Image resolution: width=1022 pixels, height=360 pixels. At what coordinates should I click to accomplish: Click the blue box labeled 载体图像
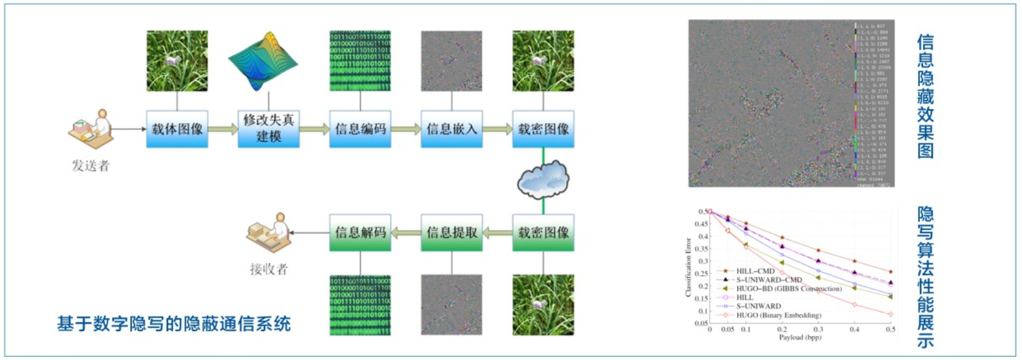177,129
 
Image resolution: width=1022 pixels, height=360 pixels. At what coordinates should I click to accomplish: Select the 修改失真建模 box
268,129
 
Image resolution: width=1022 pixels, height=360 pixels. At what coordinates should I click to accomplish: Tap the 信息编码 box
360,129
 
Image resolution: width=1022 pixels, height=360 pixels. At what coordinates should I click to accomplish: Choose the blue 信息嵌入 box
452,129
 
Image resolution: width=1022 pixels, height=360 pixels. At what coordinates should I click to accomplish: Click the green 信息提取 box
452,233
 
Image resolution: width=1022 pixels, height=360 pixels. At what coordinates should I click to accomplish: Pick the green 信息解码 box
360,233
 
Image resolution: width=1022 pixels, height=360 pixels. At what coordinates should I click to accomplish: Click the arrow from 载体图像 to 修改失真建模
223,129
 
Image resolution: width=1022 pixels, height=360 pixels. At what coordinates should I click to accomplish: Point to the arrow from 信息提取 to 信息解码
405,233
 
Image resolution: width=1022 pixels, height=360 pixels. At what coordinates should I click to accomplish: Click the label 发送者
91,166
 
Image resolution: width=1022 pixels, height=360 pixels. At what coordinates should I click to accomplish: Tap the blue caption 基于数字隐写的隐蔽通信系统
174,324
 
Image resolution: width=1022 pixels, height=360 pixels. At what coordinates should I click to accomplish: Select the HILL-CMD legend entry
755,271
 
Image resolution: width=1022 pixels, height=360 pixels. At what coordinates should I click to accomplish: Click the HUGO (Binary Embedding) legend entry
778,315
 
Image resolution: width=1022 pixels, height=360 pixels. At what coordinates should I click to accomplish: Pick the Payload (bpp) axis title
800,337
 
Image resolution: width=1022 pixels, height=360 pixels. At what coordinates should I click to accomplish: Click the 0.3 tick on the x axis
818,329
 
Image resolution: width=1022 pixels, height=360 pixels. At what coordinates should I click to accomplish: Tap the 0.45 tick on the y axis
701,224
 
